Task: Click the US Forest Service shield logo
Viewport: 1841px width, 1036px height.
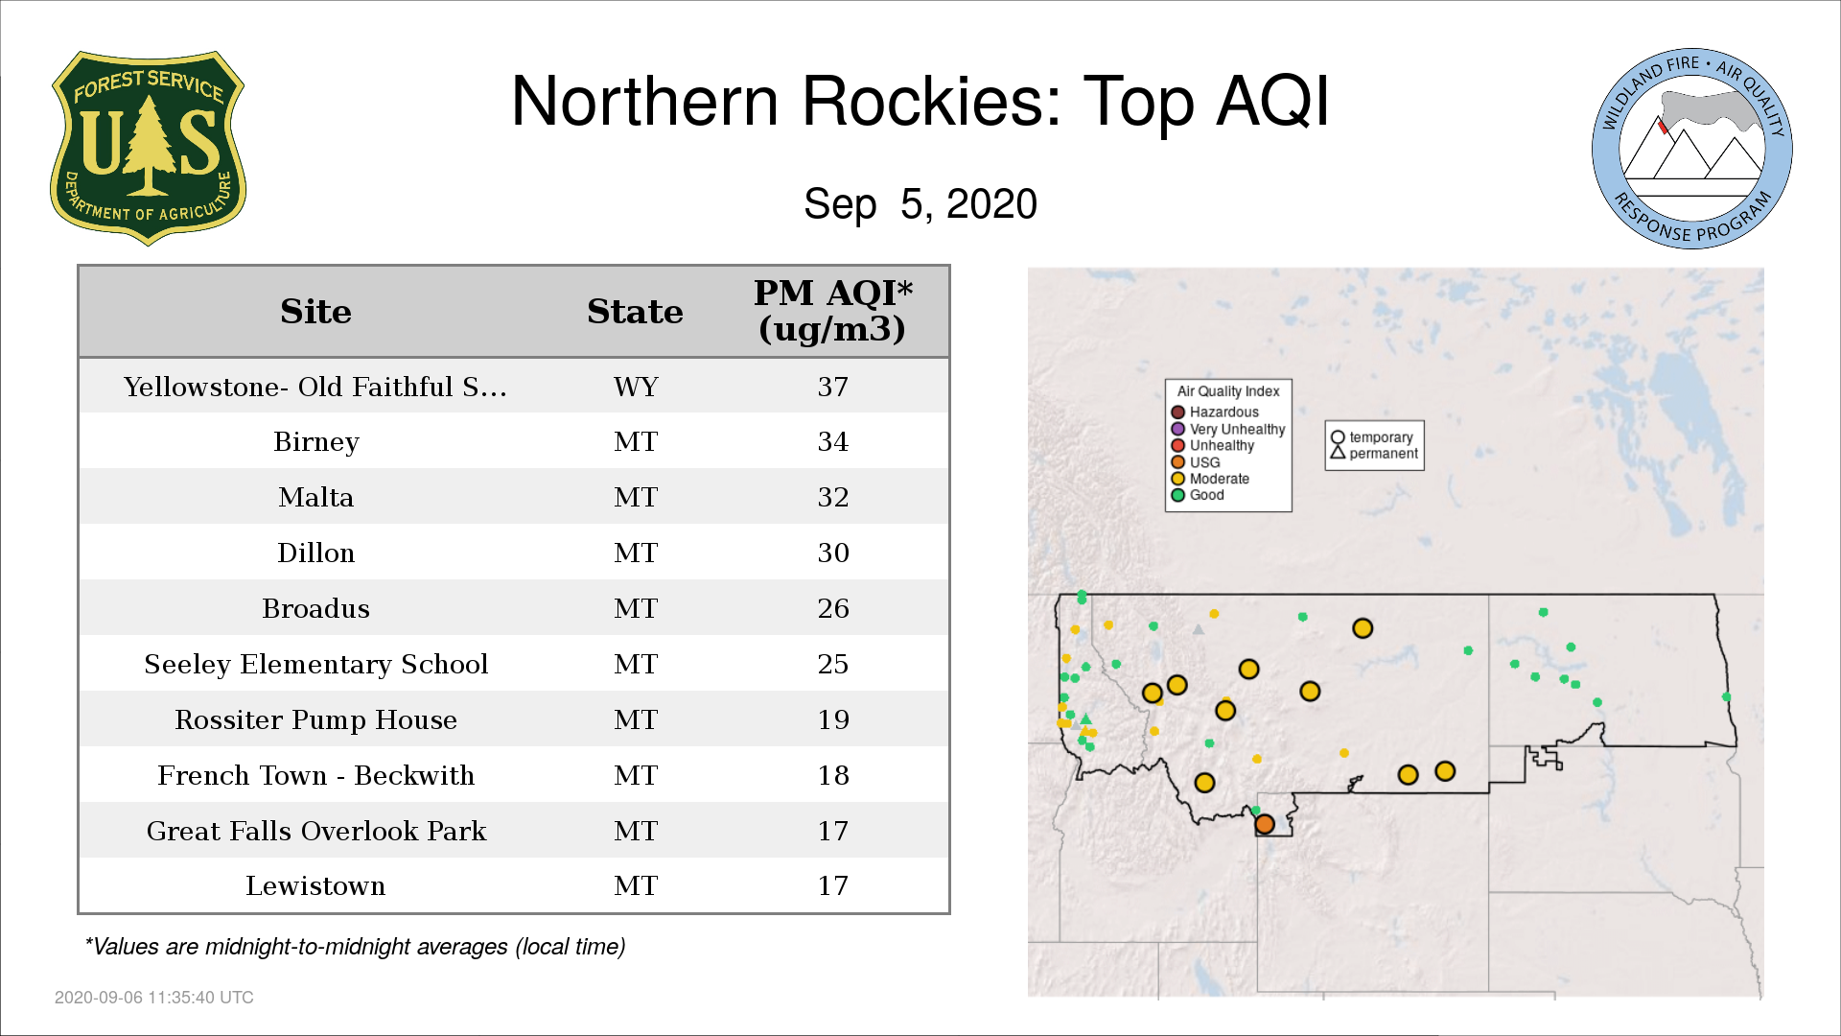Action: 148,148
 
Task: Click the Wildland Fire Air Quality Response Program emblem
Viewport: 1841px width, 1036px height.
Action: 1692,149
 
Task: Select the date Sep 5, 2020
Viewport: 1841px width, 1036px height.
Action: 920,204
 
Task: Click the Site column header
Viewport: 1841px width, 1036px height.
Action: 315,312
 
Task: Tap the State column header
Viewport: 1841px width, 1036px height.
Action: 635,312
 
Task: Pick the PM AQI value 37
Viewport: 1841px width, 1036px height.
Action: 832,387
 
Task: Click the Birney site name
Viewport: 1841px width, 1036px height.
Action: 315,442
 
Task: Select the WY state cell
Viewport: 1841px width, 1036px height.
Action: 636,387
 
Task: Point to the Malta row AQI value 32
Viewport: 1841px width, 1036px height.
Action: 832,497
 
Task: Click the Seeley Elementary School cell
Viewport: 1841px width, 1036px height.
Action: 315,664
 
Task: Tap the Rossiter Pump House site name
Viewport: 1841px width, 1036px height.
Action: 315,719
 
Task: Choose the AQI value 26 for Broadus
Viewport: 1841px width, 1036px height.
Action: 832,608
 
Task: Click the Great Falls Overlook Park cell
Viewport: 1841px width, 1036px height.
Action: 315,831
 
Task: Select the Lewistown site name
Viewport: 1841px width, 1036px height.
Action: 315,885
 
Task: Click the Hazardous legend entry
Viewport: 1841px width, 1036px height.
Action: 1215,412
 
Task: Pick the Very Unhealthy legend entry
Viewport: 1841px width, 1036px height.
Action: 1228,430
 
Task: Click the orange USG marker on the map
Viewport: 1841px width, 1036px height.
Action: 1265,824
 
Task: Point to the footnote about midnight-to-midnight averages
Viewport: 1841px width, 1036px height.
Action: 355,947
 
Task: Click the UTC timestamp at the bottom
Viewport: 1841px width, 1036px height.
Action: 154,998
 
